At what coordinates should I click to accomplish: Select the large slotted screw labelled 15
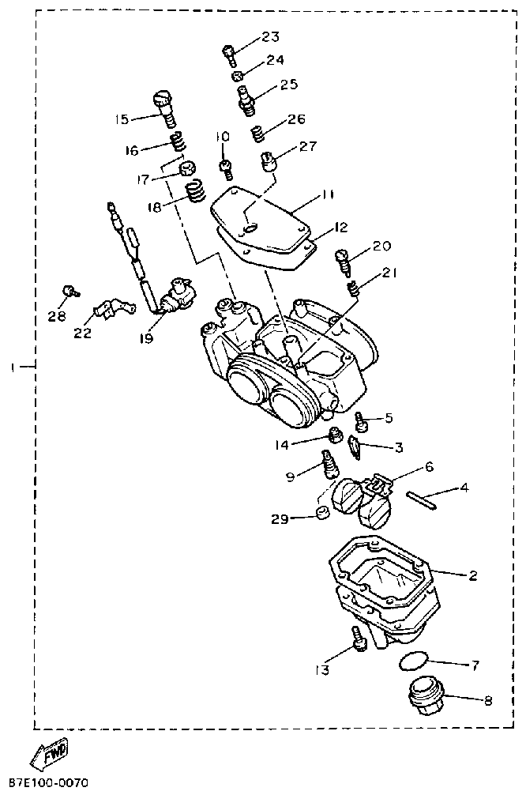click(x=165, y=108)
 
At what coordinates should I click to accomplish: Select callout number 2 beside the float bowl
click(x=472, y=576)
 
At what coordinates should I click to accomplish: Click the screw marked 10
click(x=226, y=168)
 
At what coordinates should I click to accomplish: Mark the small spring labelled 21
click(x=353, y=289)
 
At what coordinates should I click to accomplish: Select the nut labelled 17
click(x=188, y=168)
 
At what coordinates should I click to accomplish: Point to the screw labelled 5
click(x=362, y=420)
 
